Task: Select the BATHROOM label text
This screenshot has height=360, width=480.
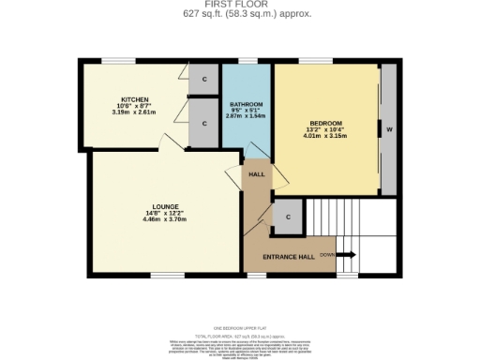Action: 247,103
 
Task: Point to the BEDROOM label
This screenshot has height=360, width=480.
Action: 325,123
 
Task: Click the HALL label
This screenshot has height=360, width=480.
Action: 256,174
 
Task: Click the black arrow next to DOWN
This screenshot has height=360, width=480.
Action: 346,254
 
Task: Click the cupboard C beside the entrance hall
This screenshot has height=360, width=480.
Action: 288,217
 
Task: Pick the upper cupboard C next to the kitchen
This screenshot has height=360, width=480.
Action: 203,79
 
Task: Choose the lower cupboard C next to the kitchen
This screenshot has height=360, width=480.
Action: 203,124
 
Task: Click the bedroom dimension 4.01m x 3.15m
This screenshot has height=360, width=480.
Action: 325,137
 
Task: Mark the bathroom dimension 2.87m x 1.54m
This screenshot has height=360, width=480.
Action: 247,116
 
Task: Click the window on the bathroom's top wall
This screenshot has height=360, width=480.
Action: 247,62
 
